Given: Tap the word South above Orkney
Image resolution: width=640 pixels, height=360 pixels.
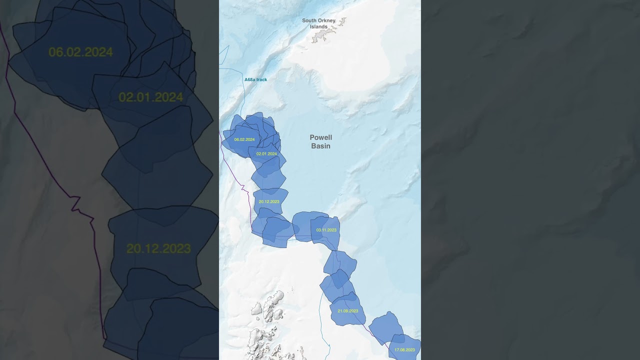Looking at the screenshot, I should [311, 21].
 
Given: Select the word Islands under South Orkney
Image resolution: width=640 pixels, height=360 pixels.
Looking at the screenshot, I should [318, 27].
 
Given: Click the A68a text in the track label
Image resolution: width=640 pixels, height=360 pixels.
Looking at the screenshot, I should [250, 80].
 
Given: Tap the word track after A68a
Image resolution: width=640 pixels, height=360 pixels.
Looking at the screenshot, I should [261, 80].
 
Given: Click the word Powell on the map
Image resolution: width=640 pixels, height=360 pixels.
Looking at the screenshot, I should [320, 137].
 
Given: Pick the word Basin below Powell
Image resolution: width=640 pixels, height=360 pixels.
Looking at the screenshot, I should [320, 146].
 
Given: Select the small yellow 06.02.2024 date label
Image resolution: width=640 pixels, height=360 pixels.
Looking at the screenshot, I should [244, 139].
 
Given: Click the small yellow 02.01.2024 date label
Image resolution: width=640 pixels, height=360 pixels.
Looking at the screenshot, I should [266, 154].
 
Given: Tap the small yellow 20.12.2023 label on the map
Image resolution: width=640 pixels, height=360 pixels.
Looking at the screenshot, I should [269, 201].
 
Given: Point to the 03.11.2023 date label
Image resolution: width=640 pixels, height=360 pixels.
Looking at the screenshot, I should [326, 230].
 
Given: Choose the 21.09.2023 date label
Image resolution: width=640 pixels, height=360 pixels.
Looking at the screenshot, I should [348, 311].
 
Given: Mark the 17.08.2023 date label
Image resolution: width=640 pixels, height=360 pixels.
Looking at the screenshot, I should [404, 350].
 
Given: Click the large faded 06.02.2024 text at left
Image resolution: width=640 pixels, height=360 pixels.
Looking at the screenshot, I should [80, 52].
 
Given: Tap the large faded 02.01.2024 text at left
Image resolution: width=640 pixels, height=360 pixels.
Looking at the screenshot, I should [150, 97].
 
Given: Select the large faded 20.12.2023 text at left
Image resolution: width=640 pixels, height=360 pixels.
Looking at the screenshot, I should [158, 248].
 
